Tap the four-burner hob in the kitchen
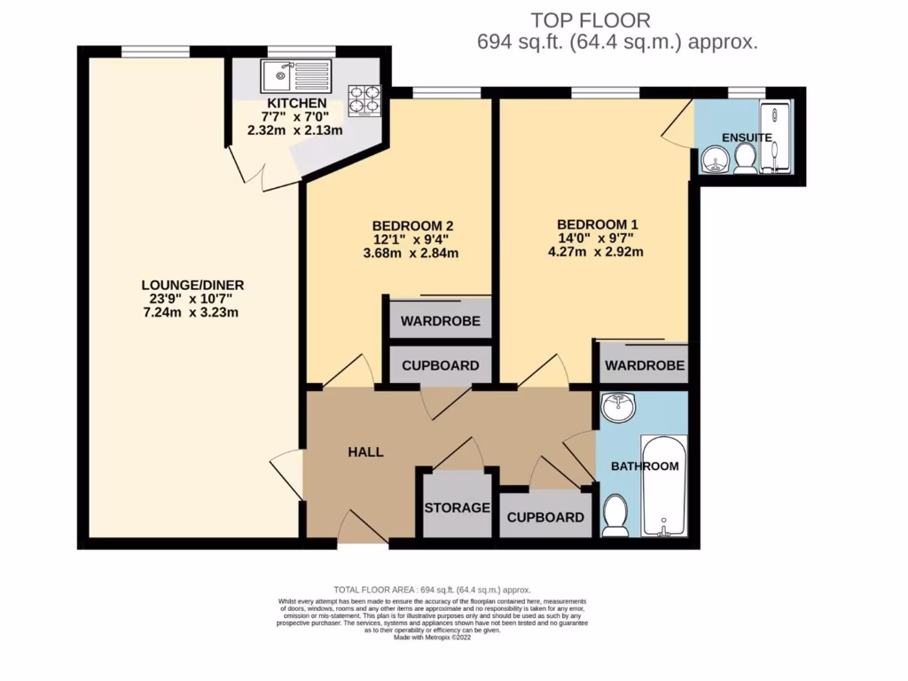364,100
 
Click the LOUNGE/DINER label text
192,285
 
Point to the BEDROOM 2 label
414,225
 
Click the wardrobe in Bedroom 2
440,320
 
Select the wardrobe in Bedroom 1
645,364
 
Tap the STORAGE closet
457,507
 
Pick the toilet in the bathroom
614,515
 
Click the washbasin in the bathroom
618,409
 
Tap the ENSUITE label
747,137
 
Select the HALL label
365,452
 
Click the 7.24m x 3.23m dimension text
192,312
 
